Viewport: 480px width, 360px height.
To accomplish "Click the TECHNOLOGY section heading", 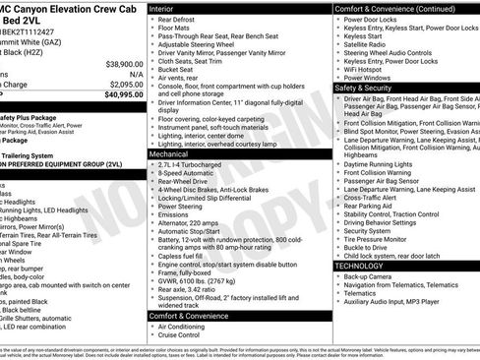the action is point(359,266).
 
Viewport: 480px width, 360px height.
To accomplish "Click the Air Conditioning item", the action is point(185,327).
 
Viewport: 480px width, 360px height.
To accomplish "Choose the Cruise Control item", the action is point(182,335).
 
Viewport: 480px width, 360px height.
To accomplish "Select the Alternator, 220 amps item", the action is point(192,222).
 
